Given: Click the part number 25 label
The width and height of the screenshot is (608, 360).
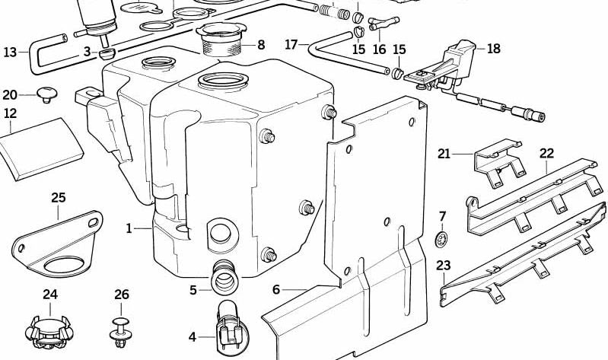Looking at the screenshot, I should pos(59,198).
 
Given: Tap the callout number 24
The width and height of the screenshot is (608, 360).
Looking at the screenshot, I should pos(50,294).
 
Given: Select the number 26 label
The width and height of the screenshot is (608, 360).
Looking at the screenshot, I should pos(122,294).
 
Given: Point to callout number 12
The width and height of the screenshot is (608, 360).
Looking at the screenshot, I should pos(10,113).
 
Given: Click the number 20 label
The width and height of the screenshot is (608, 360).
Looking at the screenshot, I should pos(10,94).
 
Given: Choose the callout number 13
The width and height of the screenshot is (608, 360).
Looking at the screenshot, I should pos(10,52).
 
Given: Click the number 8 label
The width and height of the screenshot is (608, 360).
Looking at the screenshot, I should pos(261,44).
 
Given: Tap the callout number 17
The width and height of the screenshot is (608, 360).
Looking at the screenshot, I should pos(291,44).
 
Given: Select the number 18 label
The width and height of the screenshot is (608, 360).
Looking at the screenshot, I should pos(494,49).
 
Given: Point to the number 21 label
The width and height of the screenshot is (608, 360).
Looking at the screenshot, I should pos(444,154).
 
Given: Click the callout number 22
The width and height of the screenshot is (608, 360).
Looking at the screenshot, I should pos(547,153).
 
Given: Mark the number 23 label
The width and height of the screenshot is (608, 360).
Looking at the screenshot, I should pos(444,266).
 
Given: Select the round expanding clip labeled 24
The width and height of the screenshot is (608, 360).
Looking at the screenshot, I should pos(49,332).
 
